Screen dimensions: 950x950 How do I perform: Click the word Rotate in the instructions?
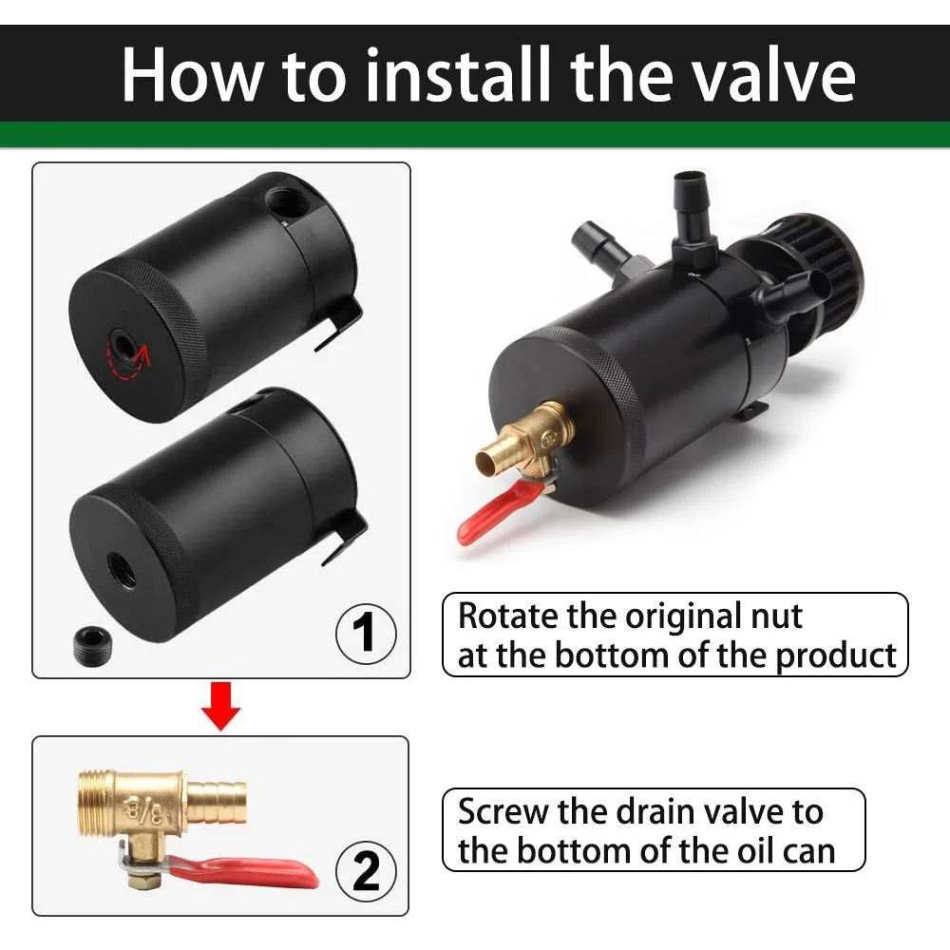(x=508, y=617)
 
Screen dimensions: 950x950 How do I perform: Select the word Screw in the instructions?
(x=503, y=812)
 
